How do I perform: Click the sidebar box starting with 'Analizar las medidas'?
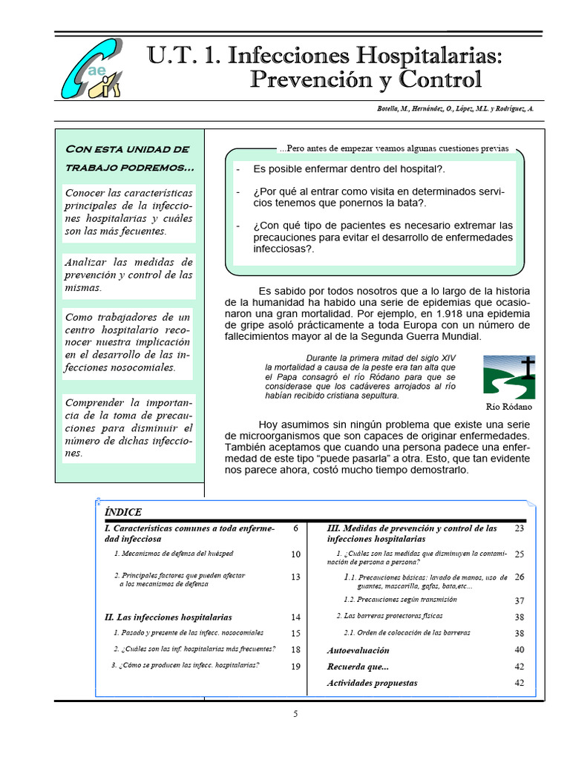point(129,275)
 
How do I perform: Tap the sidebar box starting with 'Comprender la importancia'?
point(129,427)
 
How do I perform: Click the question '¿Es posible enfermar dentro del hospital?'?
point(349,169)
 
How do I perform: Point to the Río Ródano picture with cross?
point(509,377)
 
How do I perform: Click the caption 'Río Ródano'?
point(509,407)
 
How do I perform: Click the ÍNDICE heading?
point(123,512)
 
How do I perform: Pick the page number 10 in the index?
point(295,554)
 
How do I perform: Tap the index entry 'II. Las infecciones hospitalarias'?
point(168,617)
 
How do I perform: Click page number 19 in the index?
point(295,666)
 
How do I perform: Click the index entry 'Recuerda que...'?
point(358,666)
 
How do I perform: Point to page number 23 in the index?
point(519,528)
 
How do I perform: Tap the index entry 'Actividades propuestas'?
point(372,683)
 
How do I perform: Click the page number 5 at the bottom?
point(295,715)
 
